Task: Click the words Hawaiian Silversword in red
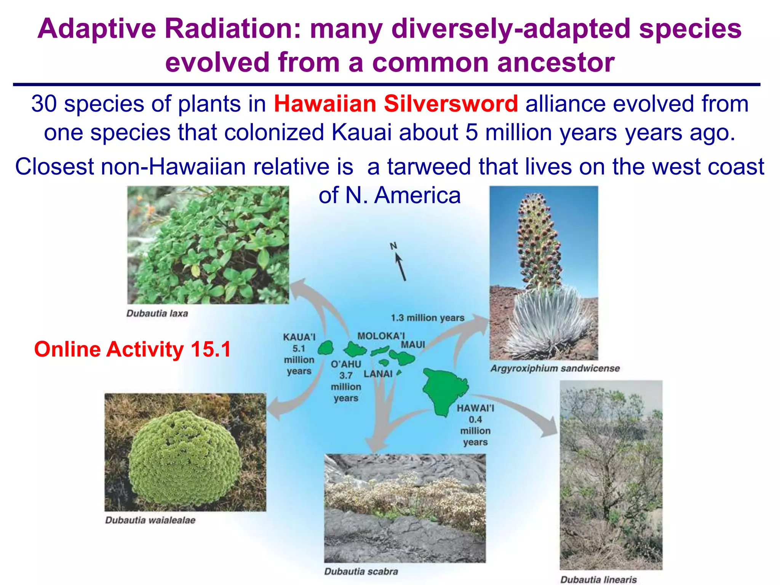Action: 396,104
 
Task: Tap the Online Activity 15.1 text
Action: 132,349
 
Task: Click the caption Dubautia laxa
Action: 157,313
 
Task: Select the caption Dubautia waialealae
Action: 150,520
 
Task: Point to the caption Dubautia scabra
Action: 361,571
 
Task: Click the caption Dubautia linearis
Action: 598,580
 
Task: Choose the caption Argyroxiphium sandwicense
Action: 555,368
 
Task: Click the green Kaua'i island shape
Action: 326,348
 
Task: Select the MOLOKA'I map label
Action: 380,336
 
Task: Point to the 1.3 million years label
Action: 427,318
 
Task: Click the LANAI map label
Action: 377,374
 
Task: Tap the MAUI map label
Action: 413,345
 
